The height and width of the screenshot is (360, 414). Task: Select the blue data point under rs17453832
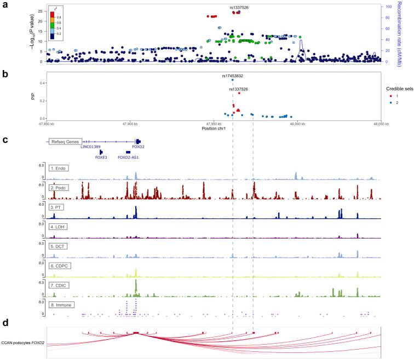233,80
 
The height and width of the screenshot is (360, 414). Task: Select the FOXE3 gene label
101,157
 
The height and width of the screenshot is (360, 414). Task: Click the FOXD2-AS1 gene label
128,157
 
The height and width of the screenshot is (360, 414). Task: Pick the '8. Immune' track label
62,304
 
